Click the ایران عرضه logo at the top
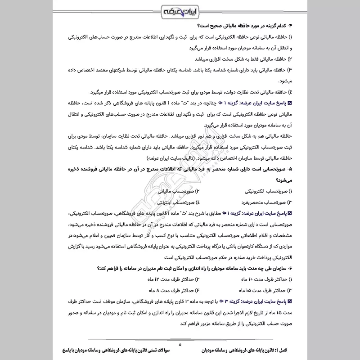180,10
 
